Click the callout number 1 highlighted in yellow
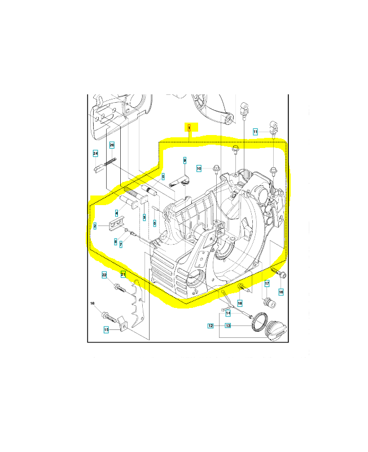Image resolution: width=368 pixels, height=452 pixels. tap(190, 128)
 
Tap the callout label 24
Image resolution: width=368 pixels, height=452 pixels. tap(96, 153)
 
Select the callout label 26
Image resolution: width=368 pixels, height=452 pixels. tap(112, 145)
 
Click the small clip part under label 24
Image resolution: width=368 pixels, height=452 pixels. tap(98, 167)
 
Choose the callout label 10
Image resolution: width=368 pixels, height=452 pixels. tap(199, 168)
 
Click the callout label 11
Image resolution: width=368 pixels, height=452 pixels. tap(256, 132)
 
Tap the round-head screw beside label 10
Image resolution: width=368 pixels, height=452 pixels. tap(216, 168)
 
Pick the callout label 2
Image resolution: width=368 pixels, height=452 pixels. tap(95, 225)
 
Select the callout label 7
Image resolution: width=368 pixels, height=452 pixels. tap(120, 244)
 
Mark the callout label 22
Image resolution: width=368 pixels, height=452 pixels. tap(104, 275)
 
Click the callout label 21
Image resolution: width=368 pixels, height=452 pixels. tap(123, 275)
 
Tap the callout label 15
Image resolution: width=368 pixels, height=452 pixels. tap(106, 330)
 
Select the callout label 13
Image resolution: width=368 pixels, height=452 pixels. tap(228, 326)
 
